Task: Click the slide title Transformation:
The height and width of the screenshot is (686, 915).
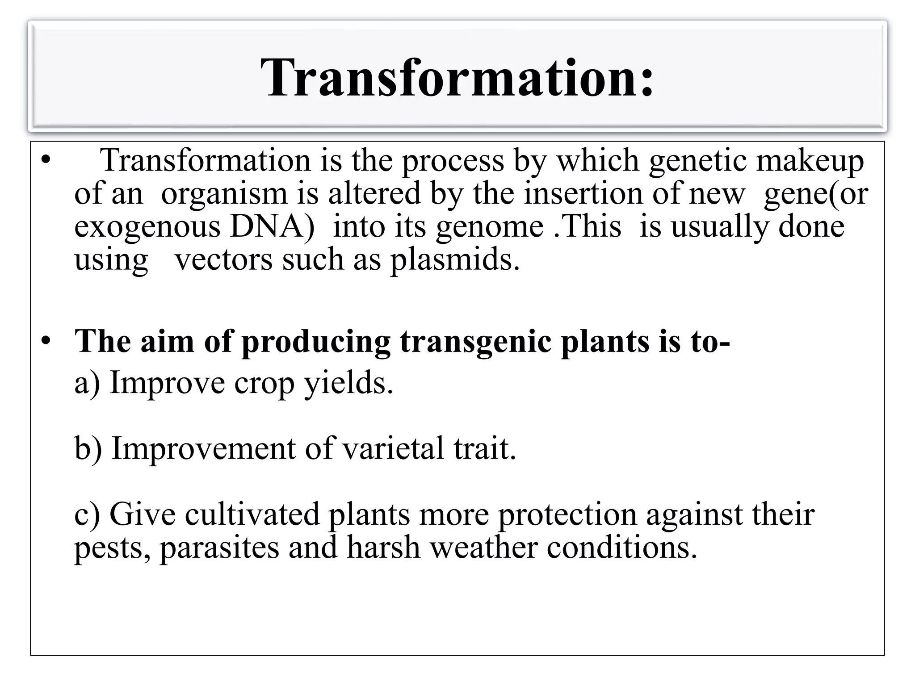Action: coord(457,78)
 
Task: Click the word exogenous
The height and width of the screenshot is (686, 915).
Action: coord(147,227)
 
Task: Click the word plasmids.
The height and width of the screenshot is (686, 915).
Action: coord(455,260)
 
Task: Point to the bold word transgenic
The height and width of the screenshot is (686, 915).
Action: coord(475,342)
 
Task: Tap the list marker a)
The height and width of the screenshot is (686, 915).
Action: coord(87,383)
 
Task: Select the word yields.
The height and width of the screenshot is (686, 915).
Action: coord(348,383)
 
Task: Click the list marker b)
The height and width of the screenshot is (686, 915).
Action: coord(88,448)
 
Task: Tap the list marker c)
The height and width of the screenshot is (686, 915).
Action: coord(87,514)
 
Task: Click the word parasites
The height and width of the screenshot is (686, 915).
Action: coord(219,548)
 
